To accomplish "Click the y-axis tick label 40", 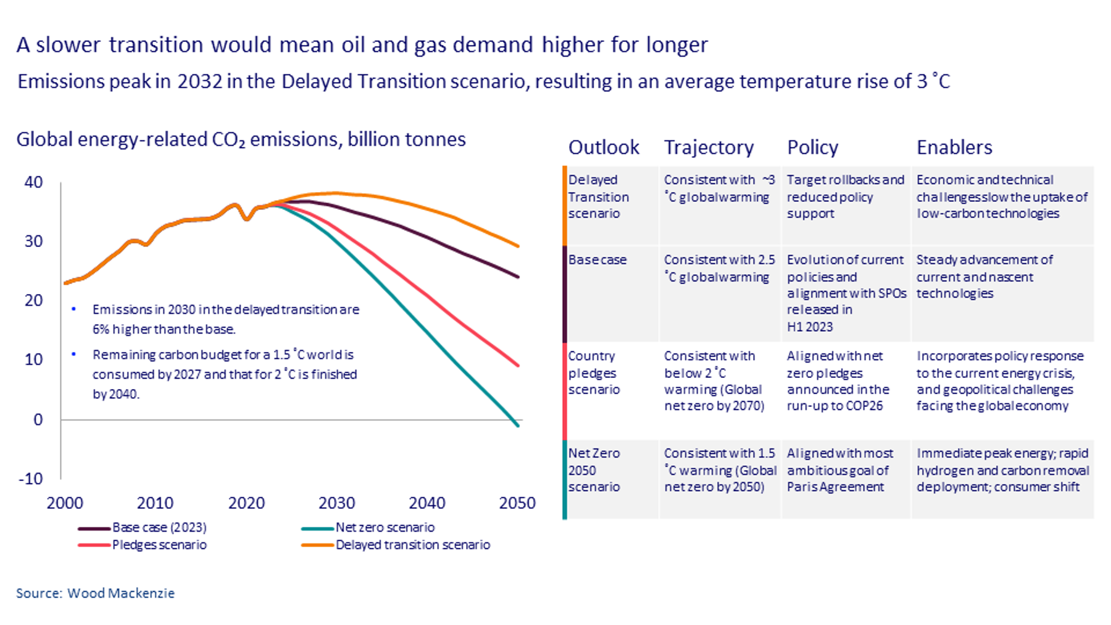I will [33, 182].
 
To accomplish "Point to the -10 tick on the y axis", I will [31, 479].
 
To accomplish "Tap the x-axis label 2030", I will [336, 503].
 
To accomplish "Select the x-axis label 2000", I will [65, 503].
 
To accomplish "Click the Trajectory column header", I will [709, 148].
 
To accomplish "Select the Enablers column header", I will [954, 148].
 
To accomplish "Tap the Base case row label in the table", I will [597, 260].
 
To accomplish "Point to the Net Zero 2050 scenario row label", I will [594, 470].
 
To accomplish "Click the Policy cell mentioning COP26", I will [838, 381].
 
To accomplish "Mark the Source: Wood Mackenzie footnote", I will [95, 593].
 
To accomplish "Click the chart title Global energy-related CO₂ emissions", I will [241, 140].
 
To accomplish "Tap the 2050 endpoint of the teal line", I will [518, 426].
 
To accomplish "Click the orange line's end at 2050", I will [518, 246].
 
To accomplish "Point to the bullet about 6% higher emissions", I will [225, 319].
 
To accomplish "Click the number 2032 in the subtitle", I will [199, 82].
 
